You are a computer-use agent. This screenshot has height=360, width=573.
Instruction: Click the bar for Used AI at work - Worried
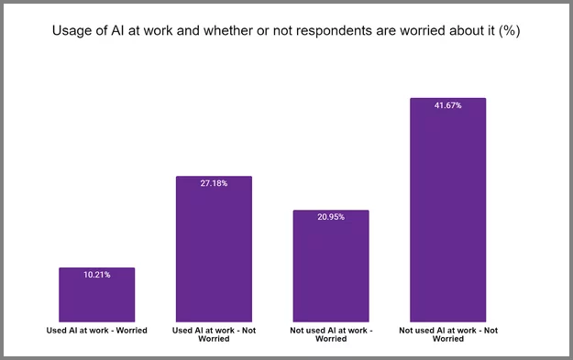pos(96,295)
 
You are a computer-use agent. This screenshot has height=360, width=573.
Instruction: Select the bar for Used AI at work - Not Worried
pos(214,249)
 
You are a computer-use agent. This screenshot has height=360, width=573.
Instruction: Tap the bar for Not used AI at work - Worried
pos(331,266)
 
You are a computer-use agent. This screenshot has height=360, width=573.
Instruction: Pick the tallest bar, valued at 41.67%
pos(447,210)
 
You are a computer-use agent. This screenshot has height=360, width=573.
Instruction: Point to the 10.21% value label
pos(96,275)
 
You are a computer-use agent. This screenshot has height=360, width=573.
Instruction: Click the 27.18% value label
pos(214,183)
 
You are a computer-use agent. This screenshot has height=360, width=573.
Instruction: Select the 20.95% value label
pos(331,217)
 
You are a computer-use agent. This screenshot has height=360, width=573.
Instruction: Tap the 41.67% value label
pos(447,105)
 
